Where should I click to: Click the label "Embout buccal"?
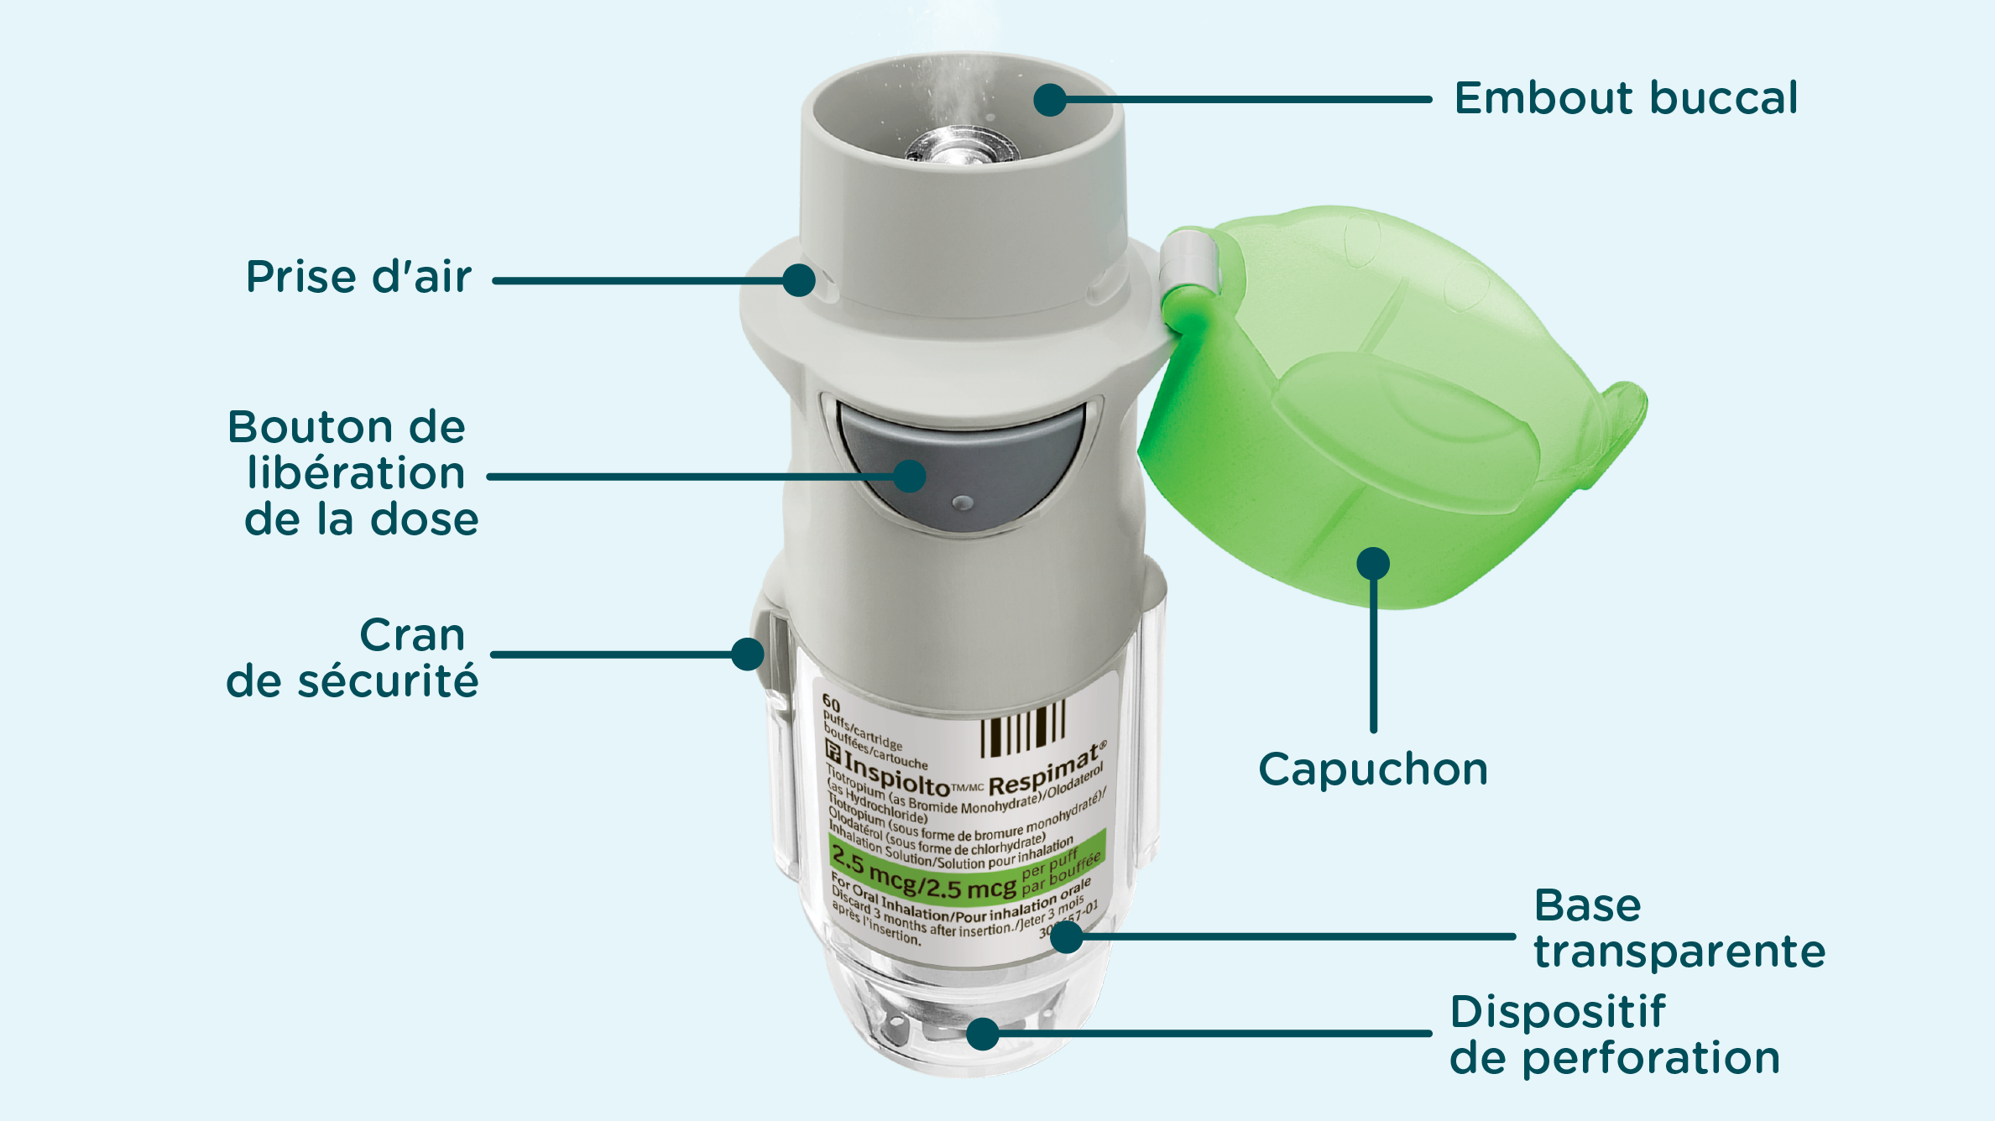[x=1626, y=98]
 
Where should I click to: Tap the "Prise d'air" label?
[x=358, y=277]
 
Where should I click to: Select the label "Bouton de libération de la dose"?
[x=353, y=473]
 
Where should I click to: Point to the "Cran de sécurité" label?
[x=353, y=658]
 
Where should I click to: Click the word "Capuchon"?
[x=1373, y=769]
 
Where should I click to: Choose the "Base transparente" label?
[x=1679, y=929]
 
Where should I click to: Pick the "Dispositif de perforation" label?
[x=1615, y=1035]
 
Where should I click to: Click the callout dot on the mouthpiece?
[x=1050, y=100]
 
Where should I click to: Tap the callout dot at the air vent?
[x=799, y=280]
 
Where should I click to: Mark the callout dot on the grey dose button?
[x=909, y=477]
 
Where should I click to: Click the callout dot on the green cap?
[x=1373, y=564]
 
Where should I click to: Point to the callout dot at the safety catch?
[x=747, y=654]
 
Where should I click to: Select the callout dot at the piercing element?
[x=983, y=1034]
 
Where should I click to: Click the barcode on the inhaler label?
[x=1023, y=727]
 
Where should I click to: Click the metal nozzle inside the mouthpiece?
[x=962, y=144]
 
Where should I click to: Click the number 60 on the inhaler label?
[x=831, y=701]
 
